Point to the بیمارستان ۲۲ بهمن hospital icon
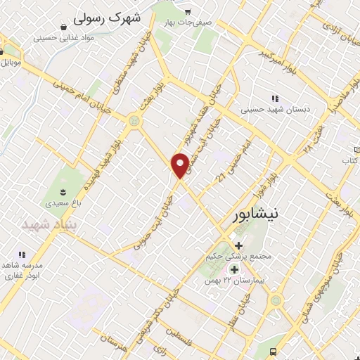click(x=233, y=269)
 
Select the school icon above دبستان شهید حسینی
click(x=274, y=99)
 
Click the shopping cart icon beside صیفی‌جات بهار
click(x=187, y=12)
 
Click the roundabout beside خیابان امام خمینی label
click(x=134, y=122)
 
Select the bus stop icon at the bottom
click(x=274, y=352)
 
